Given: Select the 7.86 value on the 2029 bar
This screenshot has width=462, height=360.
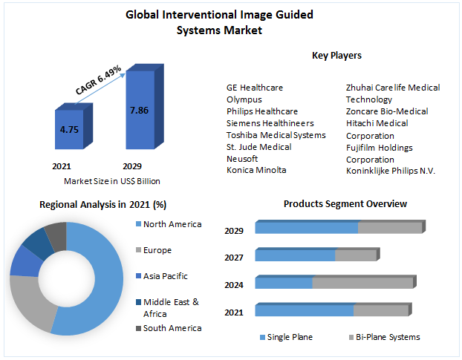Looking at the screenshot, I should [x=139, y=110].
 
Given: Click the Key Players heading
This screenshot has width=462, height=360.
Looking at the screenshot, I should [x=336, y=56].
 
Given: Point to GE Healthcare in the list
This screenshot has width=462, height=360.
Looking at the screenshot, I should [x=255, y=88].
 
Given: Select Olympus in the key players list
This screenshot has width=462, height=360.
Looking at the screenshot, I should [x=244, y=99].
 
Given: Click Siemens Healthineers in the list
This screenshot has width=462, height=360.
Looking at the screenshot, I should [x=270, y=123].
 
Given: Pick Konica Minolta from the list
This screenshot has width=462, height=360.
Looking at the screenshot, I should [x=256, y=171].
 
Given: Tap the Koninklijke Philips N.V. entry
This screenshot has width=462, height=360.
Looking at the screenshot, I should [x=391, y=171].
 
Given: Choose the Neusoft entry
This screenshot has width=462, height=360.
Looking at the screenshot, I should [x=242, y=159].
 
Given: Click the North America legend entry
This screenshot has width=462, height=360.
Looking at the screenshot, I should [x=172, y=224].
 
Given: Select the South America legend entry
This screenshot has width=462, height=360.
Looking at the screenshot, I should [x=172, y=328].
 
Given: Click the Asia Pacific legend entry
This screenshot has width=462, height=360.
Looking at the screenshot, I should [x=165, y=276].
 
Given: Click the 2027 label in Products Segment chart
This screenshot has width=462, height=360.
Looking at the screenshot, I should [x=234, y=257].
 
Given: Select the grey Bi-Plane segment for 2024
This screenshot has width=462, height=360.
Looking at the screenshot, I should [x=362, y=283].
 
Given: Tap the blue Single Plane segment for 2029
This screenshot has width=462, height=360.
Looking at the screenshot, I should [x=306, y=228].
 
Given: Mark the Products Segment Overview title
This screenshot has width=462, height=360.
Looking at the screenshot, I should [x=345, y=204].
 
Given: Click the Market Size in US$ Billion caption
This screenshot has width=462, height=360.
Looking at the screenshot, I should [x=112, y=181].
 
